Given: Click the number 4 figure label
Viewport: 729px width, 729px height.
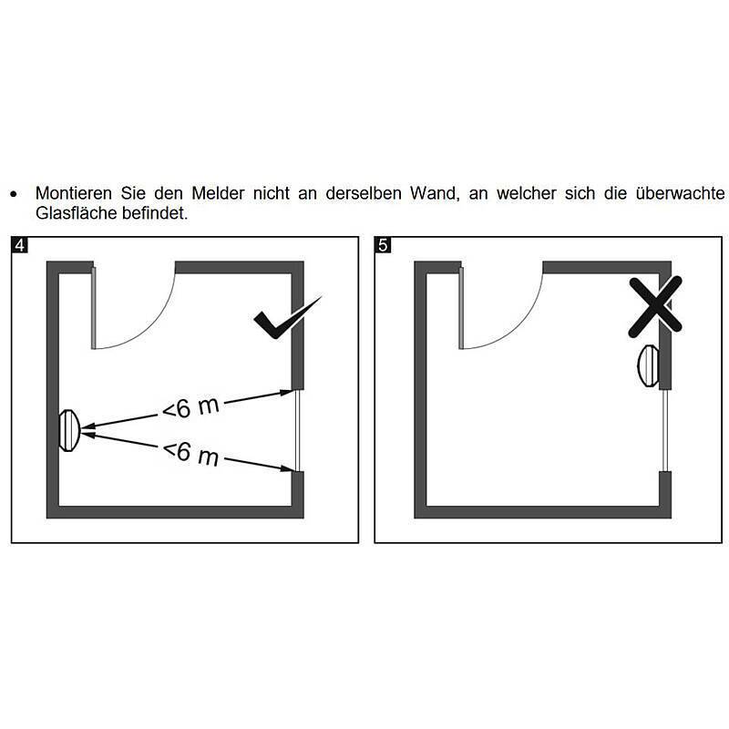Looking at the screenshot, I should coord(18,245).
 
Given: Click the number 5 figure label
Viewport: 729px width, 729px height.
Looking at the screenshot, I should coord(383,245).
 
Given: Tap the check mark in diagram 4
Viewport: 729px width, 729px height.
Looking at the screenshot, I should coord(286,319).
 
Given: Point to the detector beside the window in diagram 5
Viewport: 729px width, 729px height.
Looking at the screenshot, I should coord(646,366).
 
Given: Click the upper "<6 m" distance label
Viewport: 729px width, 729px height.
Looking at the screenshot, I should coord(190,407).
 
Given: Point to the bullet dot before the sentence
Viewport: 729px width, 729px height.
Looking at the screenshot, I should coord(13,195).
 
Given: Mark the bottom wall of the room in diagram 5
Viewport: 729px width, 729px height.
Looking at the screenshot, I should coord(543,511).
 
